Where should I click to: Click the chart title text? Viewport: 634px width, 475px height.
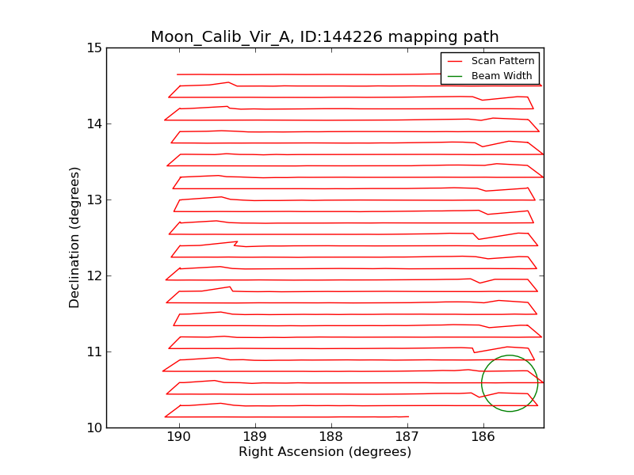(x=325, y=36)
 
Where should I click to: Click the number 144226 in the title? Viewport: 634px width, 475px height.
(x=376, y=36)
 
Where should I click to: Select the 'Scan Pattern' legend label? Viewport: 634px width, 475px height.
(x=502, y=61)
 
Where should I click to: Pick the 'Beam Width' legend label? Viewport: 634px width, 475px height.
(x=502, y=76)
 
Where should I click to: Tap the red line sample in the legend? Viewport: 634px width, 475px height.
(x=455, y=61)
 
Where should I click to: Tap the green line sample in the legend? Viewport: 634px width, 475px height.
(x=455, y=76)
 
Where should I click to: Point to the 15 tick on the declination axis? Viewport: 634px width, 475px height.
(x=94, y=47)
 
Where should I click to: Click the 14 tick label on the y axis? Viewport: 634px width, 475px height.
(x=94, y=123)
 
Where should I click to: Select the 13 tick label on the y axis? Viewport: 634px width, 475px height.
(x=94, y=199)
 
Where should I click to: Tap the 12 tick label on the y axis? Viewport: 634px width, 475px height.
(x=94, y=275)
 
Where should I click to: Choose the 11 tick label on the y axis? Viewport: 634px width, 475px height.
(x=94, y=351)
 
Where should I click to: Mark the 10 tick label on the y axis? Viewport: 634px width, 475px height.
(x=94, y=427)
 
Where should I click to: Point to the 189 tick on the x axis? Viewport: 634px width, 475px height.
(x=255, y=437)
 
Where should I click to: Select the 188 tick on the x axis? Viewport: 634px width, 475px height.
(x=331, y=437)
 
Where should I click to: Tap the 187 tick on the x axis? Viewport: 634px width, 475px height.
(x=407, y=437)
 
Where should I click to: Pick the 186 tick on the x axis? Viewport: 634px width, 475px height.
(x=483, y=437)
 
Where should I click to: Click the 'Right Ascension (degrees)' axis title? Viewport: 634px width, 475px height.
(x=325, y=452)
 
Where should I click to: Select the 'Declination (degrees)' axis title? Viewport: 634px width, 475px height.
(x=74, y=237)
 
